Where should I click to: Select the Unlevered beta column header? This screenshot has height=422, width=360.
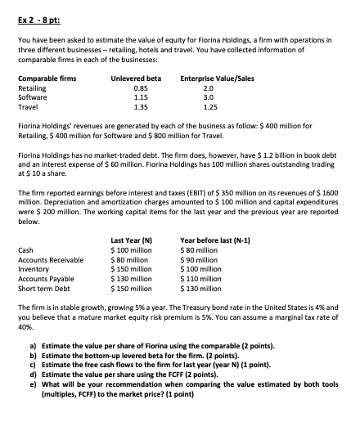point(135,78)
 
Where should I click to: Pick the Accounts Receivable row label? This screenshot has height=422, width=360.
point(49,260)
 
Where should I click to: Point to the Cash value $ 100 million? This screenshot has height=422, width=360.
point(131,250)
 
